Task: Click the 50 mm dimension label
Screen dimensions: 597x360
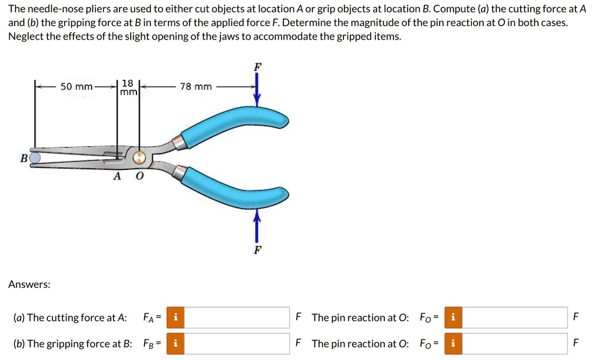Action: (x=76, y=87)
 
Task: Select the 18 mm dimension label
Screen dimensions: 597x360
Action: (x=128, y=87)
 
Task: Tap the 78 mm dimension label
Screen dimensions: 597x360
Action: (x=196, y=87)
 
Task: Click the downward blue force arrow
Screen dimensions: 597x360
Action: (x=257, y=90)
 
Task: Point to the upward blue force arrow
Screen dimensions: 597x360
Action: (x=257, y=226)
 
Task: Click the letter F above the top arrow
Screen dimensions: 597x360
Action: (x=258, y=67)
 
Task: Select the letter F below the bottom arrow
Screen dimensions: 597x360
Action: (x=258, y=250)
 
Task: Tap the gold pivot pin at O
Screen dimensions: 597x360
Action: (x=139, y=157)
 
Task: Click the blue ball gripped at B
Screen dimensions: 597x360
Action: (x=34, y=158)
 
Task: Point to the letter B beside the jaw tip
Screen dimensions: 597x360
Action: (x=23, y=158)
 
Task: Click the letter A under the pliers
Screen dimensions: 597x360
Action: (x=117, y=176)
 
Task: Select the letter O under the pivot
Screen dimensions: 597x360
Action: (x=140, y=176)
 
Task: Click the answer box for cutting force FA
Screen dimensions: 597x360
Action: (x=237, y=317)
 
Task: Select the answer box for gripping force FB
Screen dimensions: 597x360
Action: (x=237, y=344)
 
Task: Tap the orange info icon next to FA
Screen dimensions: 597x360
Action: (x=175, y=317)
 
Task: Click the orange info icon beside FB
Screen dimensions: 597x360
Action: (x=175, y=344)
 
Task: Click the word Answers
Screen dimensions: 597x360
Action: (x=29, y=285)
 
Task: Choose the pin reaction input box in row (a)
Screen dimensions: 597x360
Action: (x=515, y=317)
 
